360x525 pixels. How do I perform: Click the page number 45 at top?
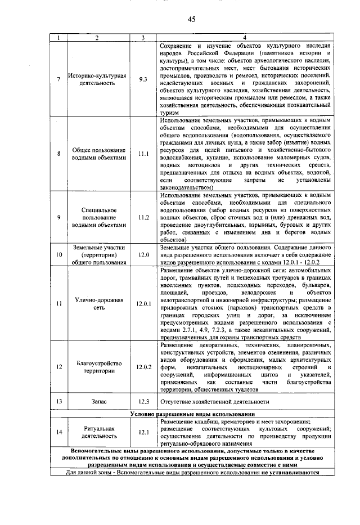click(191, 19)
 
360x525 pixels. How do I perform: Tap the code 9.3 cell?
click(143, 79)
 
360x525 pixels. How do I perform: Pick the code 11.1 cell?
click(143, 154)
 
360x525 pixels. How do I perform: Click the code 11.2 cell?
click(143, 217)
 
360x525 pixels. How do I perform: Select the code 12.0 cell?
click(143, 254)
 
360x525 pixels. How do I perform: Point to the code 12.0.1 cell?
click(143, 303)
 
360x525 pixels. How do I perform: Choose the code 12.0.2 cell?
click(143, 367)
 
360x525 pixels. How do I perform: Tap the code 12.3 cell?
click(143, 402)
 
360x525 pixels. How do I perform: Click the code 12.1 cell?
click(143, 432)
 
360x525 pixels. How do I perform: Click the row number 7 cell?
click(58, 79)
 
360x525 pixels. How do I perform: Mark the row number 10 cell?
click(58, 254)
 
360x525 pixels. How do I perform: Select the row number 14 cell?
click(58, 432)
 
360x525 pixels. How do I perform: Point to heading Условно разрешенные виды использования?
click(191, 414)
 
